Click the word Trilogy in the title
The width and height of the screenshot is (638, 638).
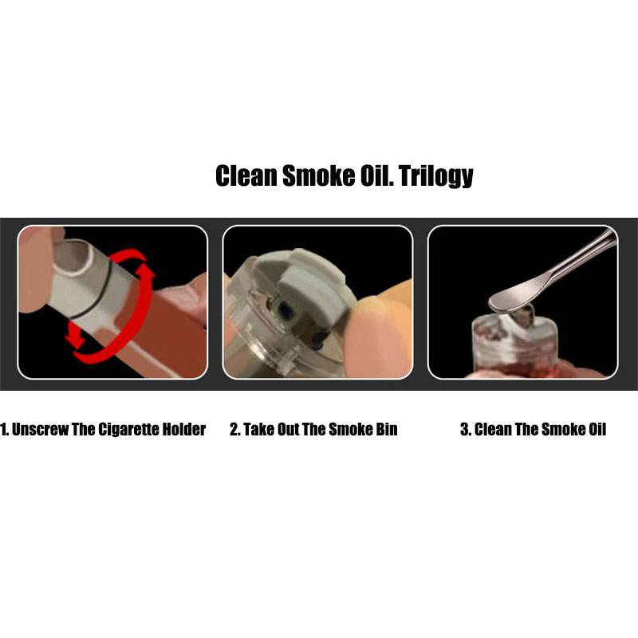point(435,175)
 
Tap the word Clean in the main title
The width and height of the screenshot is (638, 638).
point(246,175)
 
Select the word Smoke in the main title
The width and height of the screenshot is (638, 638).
point(319,175)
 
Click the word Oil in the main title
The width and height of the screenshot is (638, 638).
point(376,175)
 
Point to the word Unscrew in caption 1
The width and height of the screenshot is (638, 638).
point(40,429)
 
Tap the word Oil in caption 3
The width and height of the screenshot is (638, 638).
point(597,429)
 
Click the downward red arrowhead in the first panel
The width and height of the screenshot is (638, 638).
point(76,337)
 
